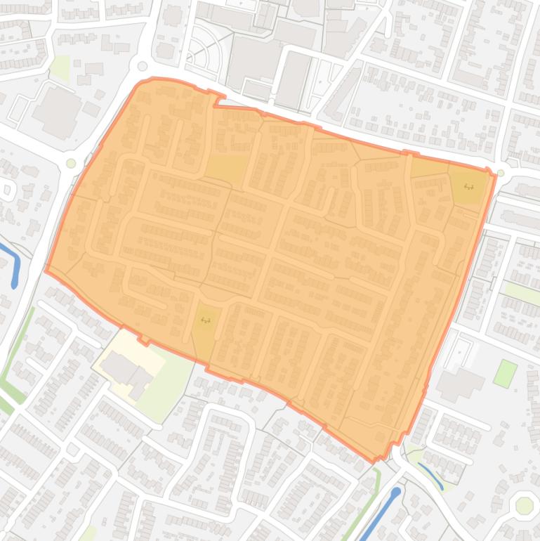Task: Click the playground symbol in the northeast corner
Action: (x=468, y=187)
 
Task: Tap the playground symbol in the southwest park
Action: (x=205, y=320)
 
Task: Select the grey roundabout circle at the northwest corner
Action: (x=143, y=67)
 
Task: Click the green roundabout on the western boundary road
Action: (x=71, y=164)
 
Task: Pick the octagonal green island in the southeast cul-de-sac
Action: (x=523, y=505)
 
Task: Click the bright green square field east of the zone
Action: (x=504, y=372)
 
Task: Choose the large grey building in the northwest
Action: (x=58, y=111)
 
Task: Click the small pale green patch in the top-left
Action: (x=61, y=67)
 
